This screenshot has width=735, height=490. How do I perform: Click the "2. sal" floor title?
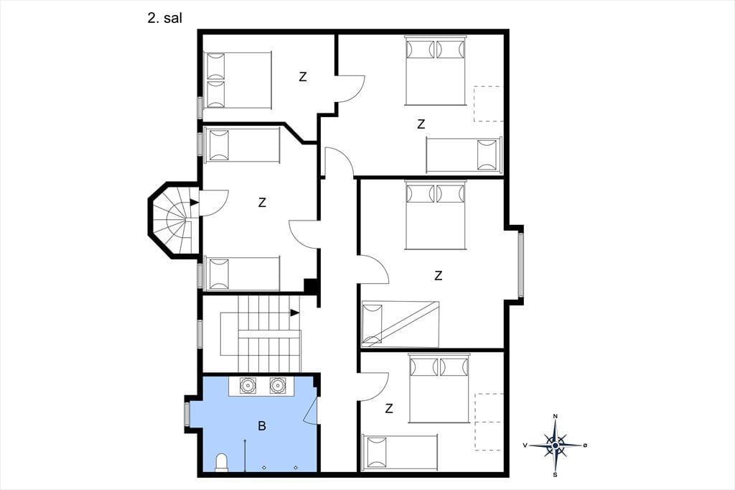click(x=164, y=18)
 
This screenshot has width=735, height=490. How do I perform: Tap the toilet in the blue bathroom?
click(x=222, y=462)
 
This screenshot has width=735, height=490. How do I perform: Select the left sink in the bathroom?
click(x=247, y=386)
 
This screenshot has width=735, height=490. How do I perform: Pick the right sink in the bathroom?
click(x=278, y=386)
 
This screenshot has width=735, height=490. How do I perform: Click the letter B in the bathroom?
click(x=262, y=426)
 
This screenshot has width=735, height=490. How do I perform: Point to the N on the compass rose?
click(x=556, y=416)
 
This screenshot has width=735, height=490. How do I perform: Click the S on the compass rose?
click(x=556, y=474)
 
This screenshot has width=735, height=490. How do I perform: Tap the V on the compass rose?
click(x=525, y=445)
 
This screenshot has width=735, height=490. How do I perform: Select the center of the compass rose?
click(x=556, y=445)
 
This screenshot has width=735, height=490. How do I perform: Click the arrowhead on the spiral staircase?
click(x=194, y=203)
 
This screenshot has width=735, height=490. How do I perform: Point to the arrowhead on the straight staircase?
click(x=295, y=313)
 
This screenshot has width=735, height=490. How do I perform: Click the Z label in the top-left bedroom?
click(x=303, y=76)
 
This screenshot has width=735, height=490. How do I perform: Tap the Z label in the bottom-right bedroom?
click(x=389, y=409)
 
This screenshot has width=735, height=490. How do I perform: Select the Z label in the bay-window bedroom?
click(x=439, y=275)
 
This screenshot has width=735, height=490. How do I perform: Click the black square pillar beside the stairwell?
click(x=310, y=286)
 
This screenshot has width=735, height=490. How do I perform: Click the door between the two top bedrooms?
click(x=350, y=88)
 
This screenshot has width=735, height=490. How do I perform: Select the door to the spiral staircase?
click(x=214, y=203)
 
